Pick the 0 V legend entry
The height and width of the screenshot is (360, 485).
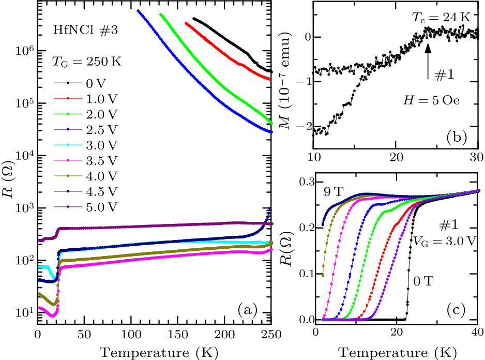pyautogui.click(x=88, y=83)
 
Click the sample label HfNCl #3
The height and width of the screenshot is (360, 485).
pyautogui.click(x=86, y=31)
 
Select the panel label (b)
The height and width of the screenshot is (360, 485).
pyautogui.click(x=457, y=137)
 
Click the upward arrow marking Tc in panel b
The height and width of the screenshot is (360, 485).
pyautogui.click(x=428, y=62)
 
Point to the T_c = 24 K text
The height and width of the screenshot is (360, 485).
pyautogui.click(x=446, y=17)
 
